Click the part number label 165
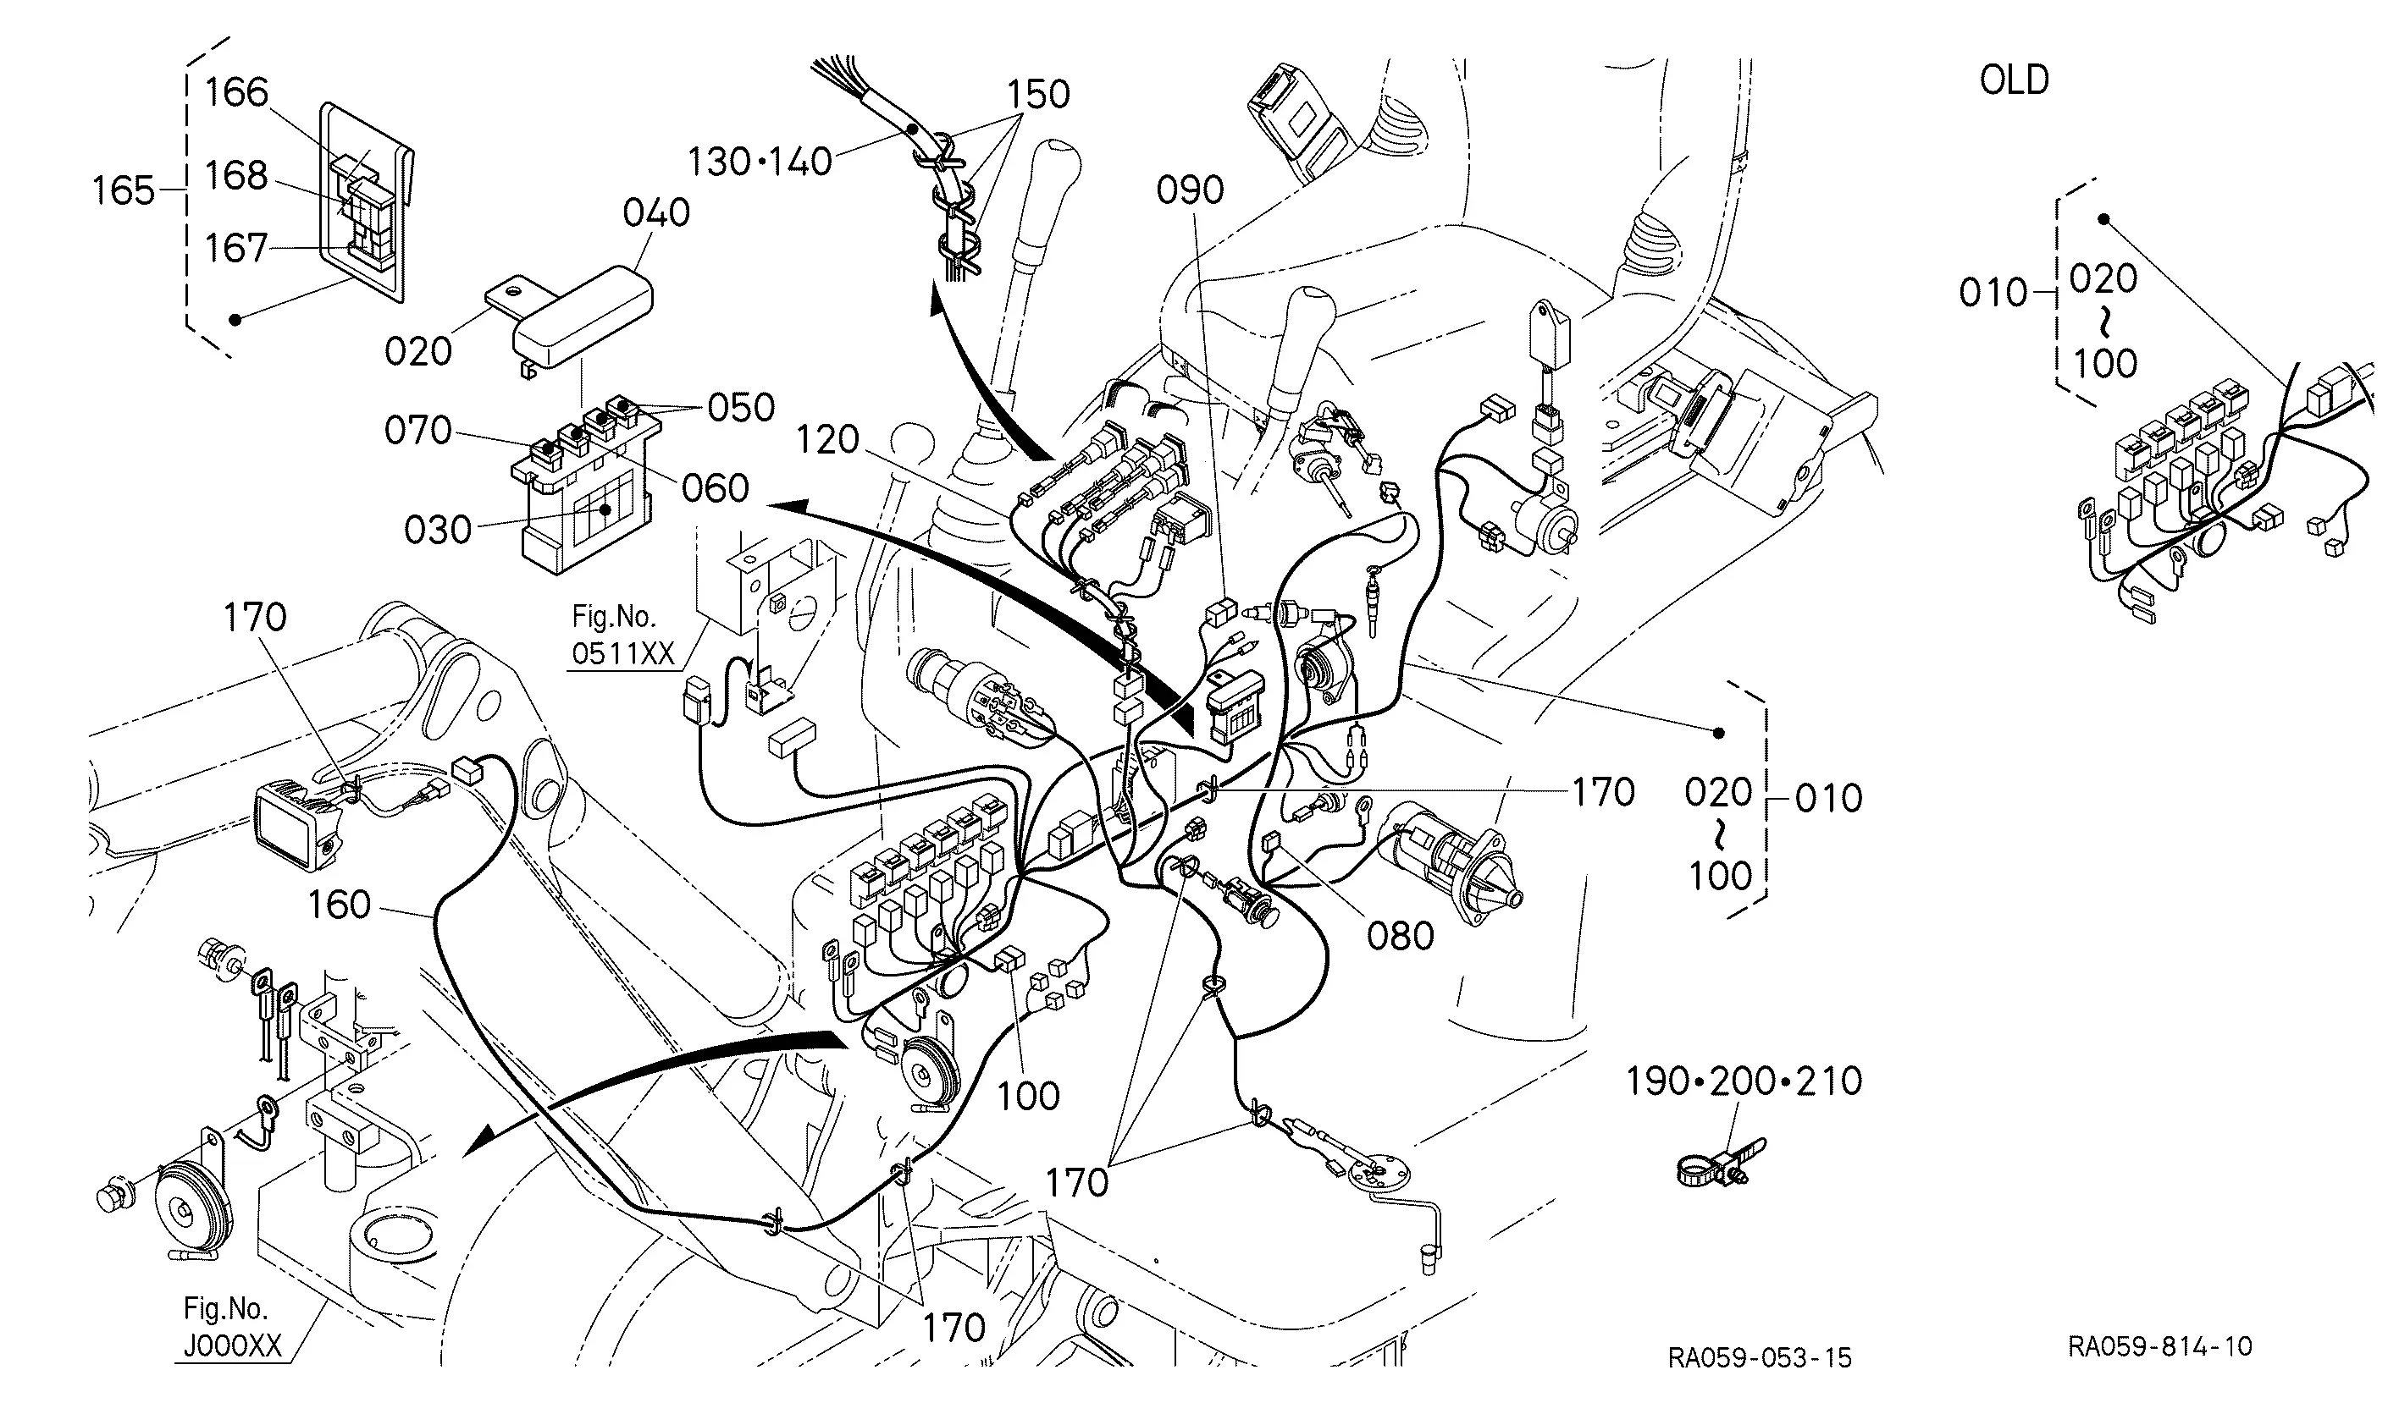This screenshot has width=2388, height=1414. click(123, 190)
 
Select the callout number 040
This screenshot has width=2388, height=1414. click(656, 212)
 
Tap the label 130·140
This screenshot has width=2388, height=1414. click(760, 162)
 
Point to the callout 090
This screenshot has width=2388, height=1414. click(1190, 190)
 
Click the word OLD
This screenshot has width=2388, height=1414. click(2015, 80)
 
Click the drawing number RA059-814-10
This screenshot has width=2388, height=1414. click(2160, 1346)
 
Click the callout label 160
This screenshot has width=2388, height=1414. click(339, 905)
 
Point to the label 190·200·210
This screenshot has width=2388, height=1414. click(1744, 1081)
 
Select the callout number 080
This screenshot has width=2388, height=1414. click(1401, 937)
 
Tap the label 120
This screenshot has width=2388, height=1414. click(827, 440)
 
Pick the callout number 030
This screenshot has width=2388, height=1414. click(438, 530)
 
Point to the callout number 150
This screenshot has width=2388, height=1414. click(1039, 94)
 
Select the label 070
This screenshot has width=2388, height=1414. click(417, 431)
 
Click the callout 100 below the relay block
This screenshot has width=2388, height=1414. click(1028, 1097)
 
